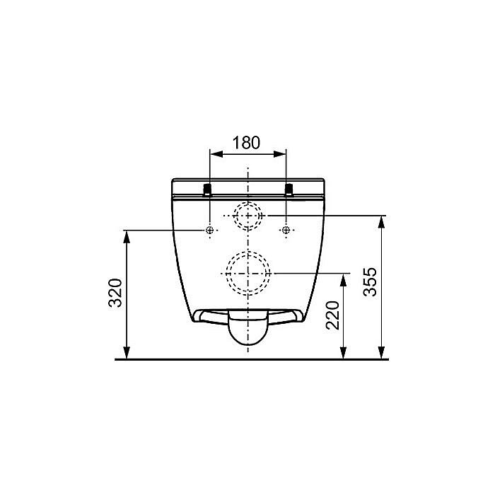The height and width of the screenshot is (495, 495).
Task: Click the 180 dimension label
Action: tap(246, 143)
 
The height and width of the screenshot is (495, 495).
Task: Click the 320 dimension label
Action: tap(115, 293)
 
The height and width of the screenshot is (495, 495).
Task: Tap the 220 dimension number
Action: tap(332, 315)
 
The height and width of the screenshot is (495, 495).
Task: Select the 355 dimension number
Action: tap(370, 282)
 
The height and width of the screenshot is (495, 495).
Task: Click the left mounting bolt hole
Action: tap(209, 230)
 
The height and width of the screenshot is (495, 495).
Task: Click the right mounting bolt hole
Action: tap(286, 230)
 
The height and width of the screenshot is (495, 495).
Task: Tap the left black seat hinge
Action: tap(207, 190)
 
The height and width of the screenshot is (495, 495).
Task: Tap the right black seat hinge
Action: tap(289, 190)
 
